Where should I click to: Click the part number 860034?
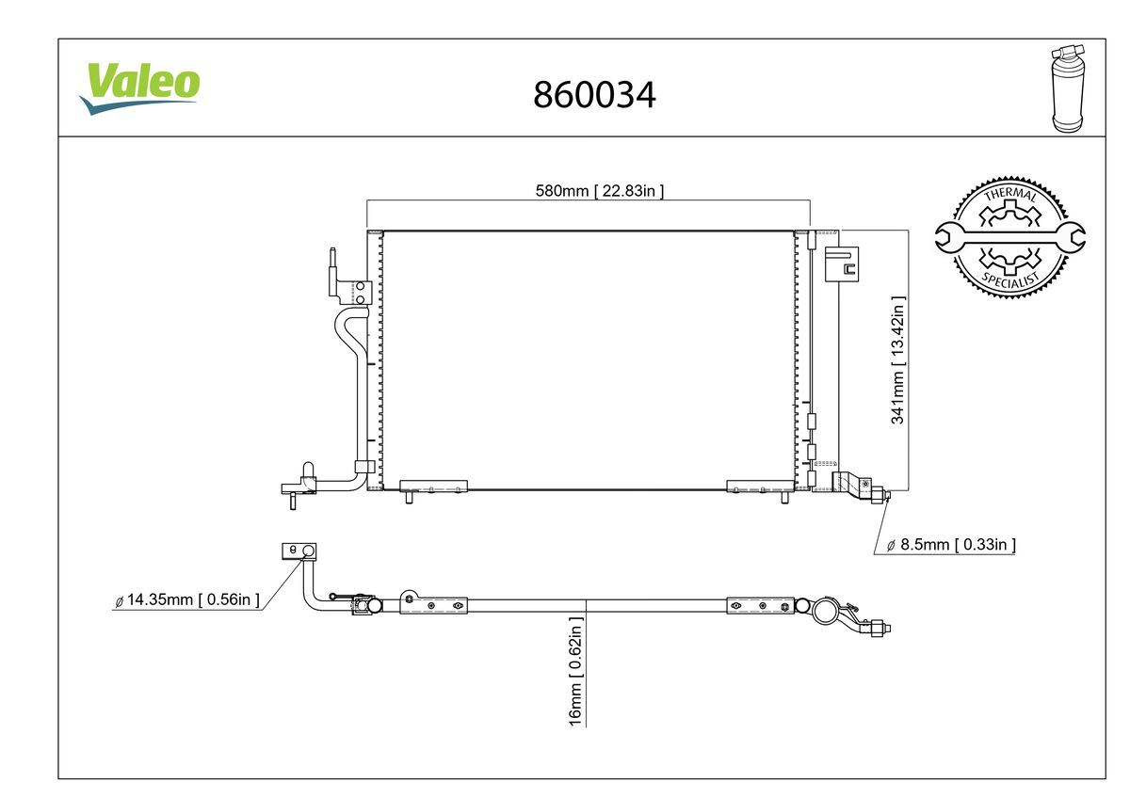pos(594,94)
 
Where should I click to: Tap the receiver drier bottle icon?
pos(1066,87)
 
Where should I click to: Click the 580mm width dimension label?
pos(600,191)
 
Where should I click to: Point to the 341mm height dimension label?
pos(898,360)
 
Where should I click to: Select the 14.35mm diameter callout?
pos(186,599)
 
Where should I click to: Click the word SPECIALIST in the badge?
pos(1009,279)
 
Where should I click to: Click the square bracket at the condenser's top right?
pos(842,264)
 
